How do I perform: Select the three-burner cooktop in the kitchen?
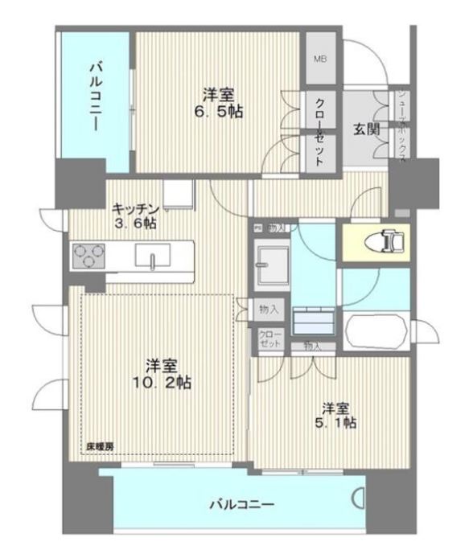click(90, 256)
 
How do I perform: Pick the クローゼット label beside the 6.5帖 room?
click(319, 132)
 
